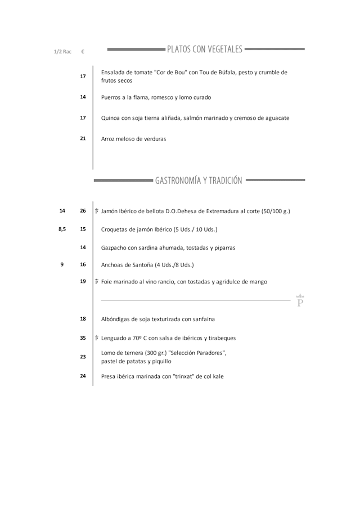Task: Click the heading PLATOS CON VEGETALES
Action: pyautogui.click(x=205, y=49)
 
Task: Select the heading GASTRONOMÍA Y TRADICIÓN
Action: pyautogui.click(x=199, y=181)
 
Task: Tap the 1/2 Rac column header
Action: pyautogui.click(x=62, y=52)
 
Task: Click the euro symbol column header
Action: pyautogui.click(x=83, y=52)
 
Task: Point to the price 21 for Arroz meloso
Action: pyautogui.click(x=83, y=138)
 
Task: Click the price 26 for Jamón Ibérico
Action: pyautogui.click(x=83, y=211)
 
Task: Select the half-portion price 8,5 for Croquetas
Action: pyautogui.click(x=62, y=229)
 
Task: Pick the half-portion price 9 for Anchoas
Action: pyautogui.click(x=62, y=264)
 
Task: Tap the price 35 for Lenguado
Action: pyautogui.click(x=83, y=338)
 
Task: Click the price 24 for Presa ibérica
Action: pyautogui.click(x=83, y=376)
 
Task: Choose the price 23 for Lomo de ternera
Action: pyautogui.click(x=83, y=357)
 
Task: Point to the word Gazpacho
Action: pyautogui.click(x=114, y=247)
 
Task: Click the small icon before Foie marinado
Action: pyautogui.click(x=97, y=282)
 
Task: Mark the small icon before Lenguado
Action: pyautogui.click(x=97, y=338)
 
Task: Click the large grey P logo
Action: pyautogui.click(x=300, y=301)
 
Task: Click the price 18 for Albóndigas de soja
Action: pyautogui.click(x=83, y=319)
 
